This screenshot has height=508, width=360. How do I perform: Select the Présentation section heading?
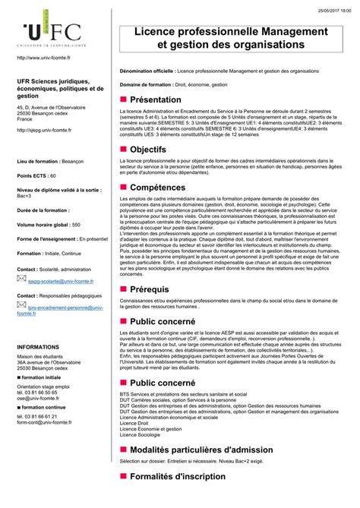pos(156,99)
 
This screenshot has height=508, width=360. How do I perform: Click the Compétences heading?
pos(162,187)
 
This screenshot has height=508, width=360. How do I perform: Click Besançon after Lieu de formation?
pos(72,162)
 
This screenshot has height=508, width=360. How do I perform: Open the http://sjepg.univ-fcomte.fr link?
pos(44,130)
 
